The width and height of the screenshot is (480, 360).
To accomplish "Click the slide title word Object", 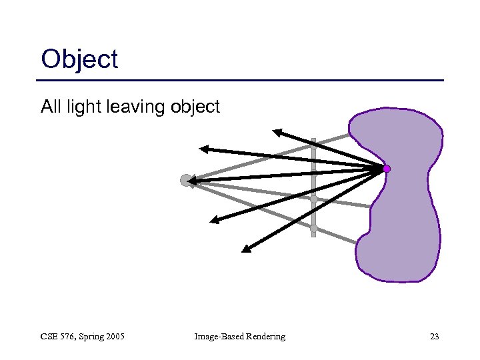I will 79,60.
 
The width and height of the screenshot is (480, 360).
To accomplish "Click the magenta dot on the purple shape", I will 387,169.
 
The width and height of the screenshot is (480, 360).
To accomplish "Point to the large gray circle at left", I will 185,180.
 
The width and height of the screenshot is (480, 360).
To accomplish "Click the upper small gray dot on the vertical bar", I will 313,199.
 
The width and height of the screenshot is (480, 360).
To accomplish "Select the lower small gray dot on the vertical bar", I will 313,228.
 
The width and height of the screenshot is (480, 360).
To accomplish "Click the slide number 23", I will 434,337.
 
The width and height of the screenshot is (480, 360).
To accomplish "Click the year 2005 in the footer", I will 114,337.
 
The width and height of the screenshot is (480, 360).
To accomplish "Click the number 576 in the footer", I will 67,337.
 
